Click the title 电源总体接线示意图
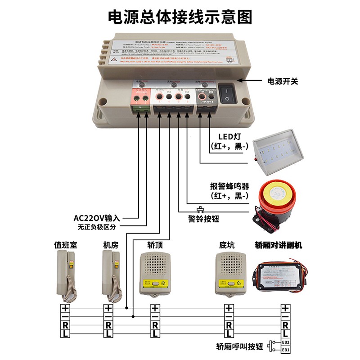180,17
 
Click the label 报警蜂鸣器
229,186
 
